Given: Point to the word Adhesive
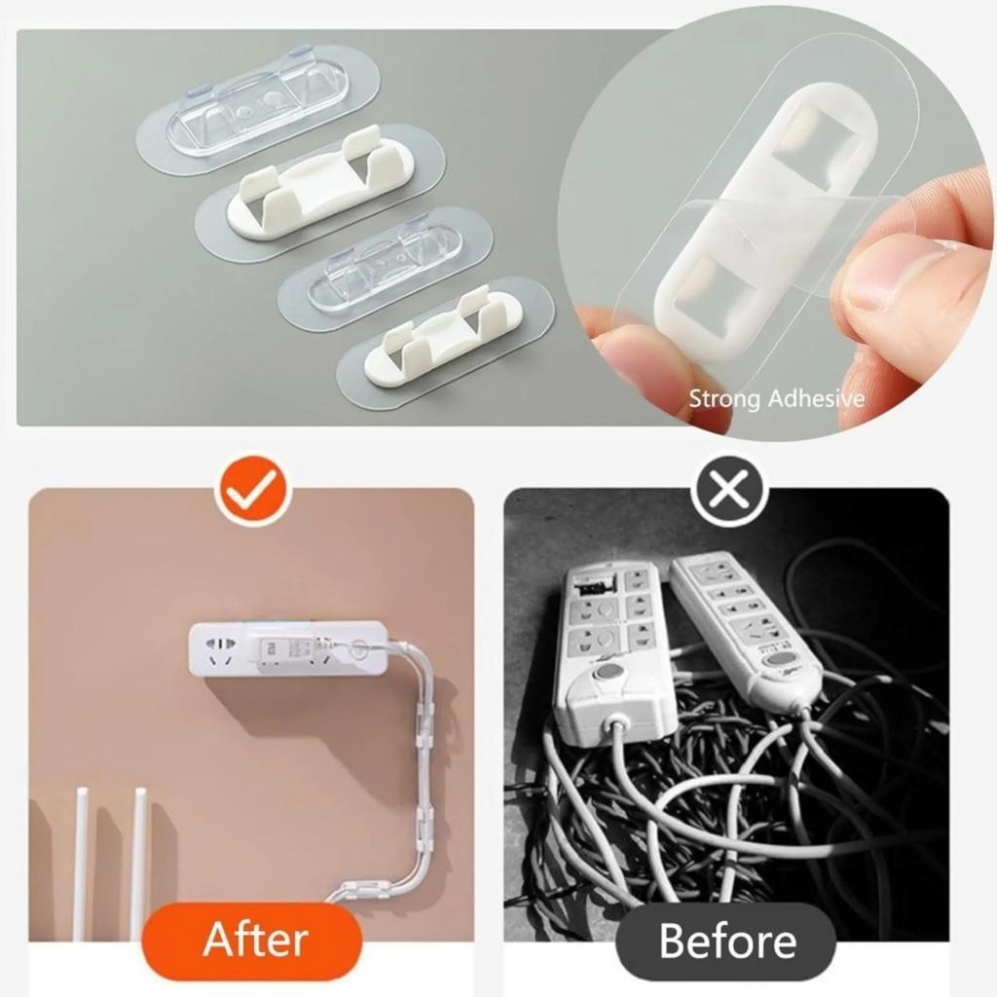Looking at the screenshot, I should (x=816, y=398).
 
